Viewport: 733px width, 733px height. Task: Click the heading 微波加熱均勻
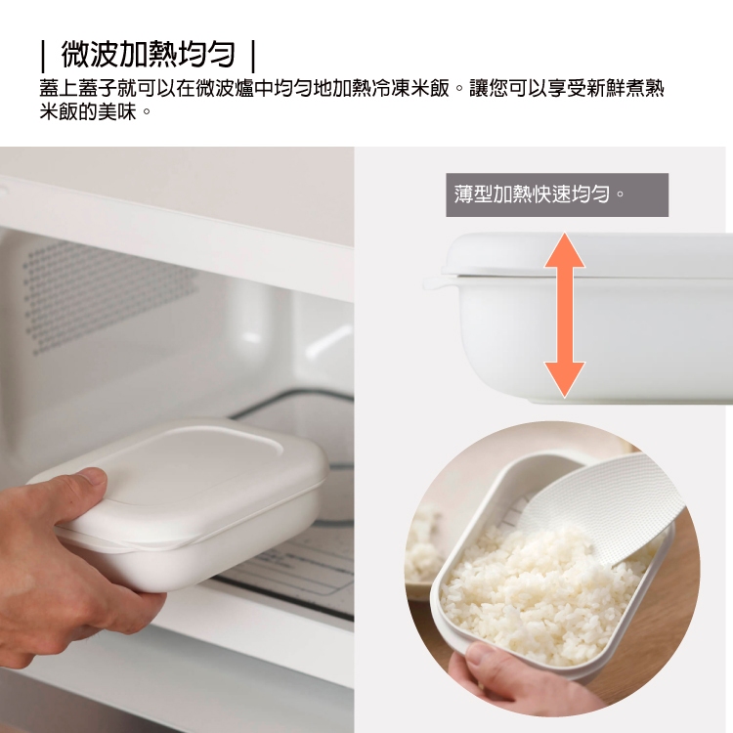[x=148, y=55]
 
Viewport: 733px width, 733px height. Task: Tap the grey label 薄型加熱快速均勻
[x=557, y=194]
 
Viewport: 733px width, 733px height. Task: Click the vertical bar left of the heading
[x=43, y=56]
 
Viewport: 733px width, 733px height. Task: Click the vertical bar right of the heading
[x=253, y=56]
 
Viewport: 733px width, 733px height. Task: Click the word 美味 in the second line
[x=118, y=111]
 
